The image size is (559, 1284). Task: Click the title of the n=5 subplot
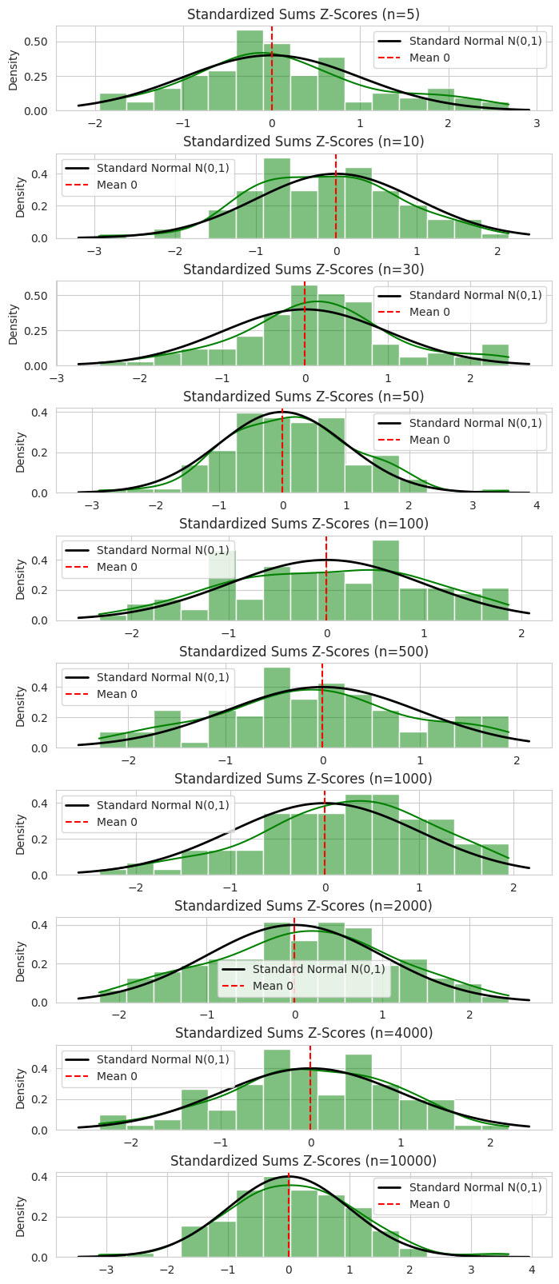(303, 14)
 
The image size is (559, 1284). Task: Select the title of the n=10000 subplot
(303, 1160)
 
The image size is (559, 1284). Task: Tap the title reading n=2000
(303, 905)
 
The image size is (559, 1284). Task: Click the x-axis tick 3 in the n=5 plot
(537, 123)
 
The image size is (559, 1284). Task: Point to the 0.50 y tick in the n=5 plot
(37, 42)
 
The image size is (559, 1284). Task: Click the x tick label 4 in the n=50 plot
(537, 505)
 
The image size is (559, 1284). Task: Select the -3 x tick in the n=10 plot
(94, 251)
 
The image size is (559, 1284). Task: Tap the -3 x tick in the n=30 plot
(57, 378)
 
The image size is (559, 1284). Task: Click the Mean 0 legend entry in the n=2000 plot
(273, 986)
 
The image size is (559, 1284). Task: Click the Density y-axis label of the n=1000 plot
(21, 834)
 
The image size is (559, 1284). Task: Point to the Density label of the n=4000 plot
(21, 1088)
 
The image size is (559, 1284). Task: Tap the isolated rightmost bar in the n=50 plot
(495, 491)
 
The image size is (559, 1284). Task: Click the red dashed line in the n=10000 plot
(289, 1215)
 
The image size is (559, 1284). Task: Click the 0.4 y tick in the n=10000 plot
(40, 1177)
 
